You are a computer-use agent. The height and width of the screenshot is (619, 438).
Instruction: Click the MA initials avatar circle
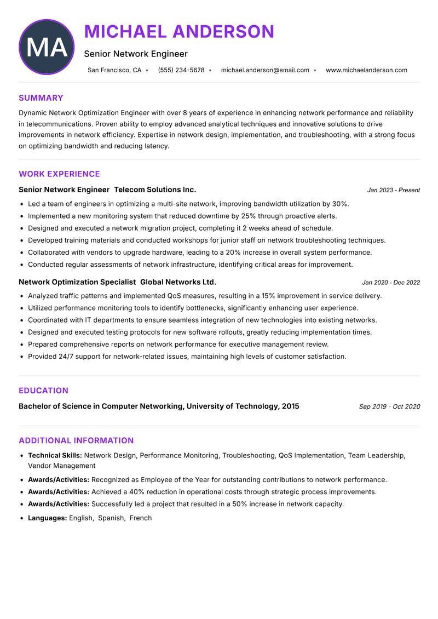[47, 47]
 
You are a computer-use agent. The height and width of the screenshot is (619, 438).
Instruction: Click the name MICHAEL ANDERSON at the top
[179, 32]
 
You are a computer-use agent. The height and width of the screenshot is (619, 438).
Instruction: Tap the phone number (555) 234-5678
[181, 70]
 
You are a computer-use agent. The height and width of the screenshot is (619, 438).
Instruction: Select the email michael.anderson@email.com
[265, 70]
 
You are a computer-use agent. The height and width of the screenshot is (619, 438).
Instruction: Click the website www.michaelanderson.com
[366, 70]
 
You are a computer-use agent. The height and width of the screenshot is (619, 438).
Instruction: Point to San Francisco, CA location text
[114, 70]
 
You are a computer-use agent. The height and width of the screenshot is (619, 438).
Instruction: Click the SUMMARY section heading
[41, 98]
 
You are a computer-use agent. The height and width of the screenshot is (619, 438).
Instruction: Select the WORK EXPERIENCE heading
[59, 174]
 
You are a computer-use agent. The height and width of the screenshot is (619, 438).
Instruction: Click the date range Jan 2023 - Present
[394, 190]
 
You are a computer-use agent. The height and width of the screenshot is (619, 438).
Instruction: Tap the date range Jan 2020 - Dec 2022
[391, 283]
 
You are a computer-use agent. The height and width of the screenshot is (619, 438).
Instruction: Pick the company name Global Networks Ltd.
[178, 282]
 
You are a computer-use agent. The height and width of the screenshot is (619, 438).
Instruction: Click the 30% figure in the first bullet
[340, 204]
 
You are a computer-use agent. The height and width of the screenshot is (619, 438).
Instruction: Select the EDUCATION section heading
[43, 391]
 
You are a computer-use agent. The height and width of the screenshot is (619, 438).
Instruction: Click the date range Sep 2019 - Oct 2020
[389, 406]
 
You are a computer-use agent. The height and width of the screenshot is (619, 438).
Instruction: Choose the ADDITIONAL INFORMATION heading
[76, 440]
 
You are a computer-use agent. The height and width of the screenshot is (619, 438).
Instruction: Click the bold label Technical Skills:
[55, 455]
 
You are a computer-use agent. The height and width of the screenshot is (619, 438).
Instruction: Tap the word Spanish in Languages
[111, 518]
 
